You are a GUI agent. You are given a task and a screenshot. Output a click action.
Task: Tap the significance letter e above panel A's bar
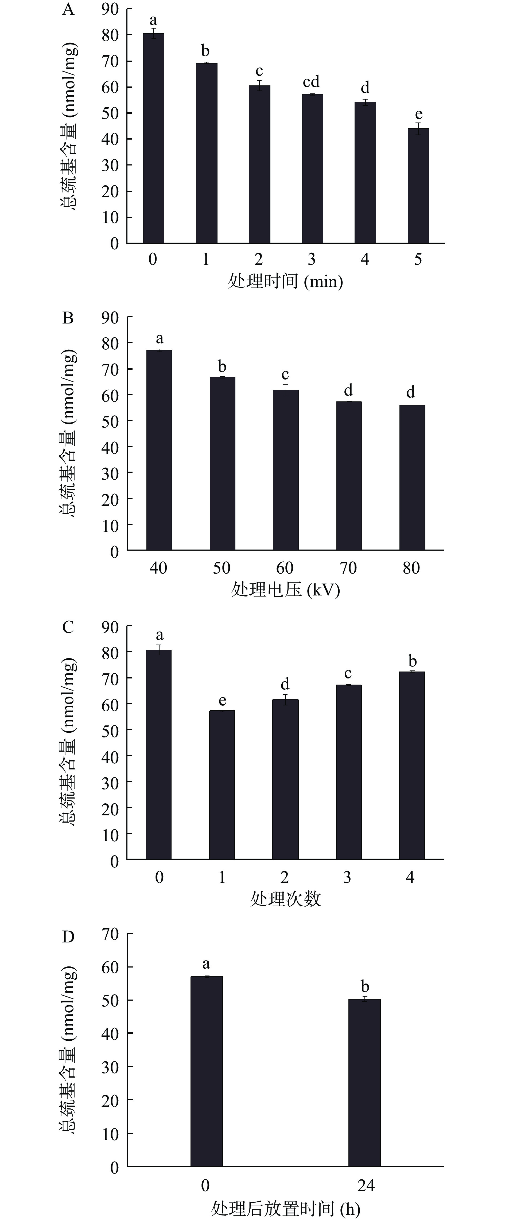418,114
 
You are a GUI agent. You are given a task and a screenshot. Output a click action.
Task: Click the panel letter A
68,9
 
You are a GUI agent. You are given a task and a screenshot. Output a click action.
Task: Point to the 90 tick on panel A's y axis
110,9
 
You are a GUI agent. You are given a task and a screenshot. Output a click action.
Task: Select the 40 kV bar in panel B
159,450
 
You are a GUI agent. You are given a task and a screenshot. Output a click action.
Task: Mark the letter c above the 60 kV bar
285,375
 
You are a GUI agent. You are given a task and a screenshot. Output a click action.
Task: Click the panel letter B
68,318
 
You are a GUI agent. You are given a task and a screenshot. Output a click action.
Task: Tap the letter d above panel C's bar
285,684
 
